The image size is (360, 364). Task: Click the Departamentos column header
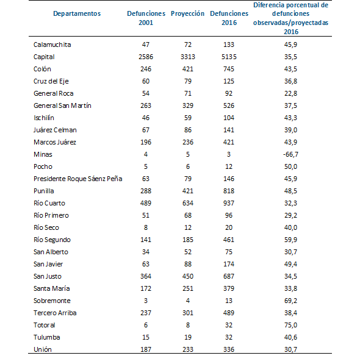[76, 13]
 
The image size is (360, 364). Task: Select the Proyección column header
[187, 13]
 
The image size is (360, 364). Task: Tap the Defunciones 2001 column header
[146, 18]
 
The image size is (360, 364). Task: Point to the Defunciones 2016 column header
[225, 18]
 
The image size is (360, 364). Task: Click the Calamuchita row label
[52, 45]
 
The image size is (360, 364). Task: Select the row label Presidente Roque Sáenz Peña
[77, 179]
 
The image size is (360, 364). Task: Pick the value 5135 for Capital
[225, 57]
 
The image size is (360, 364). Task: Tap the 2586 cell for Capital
[146, 57]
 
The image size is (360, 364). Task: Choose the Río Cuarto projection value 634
[187, 203]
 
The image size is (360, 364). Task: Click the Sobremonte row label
[52, 301]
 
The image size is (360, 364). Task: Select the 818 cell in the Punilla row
[225, 191]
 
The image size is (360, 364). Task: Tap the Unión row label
[43, 349]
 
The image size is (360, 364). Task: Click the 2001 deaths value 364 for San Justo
[146, 276]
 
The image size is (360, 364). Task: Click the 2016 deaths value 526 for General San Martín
[225, 105]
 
